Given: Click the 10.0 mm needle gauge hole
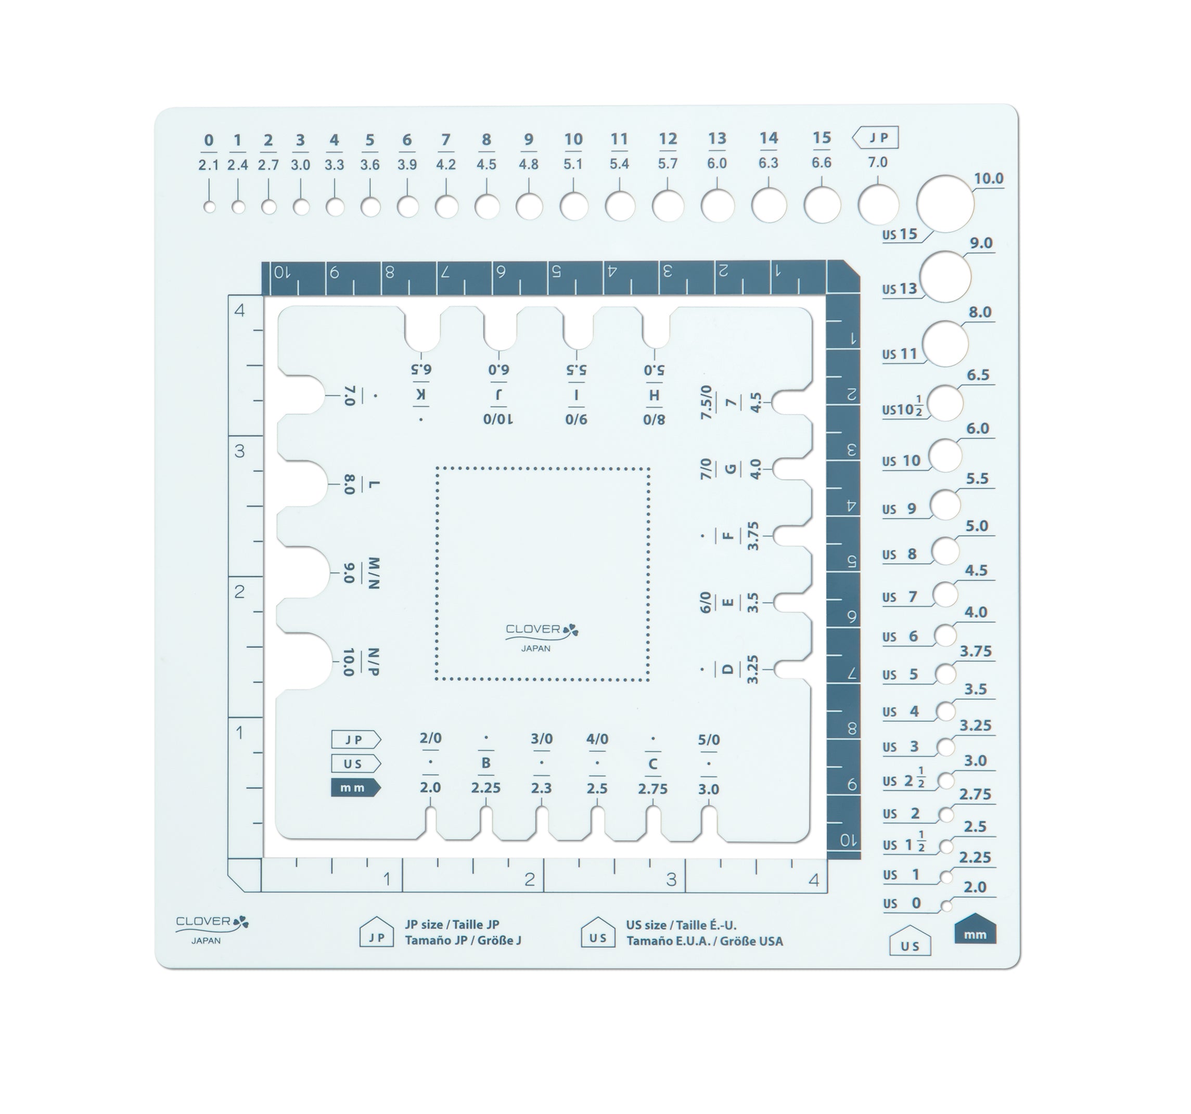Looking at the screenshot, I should (x=945, y=204).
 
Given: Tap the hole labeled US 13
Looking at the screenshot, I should (x=945, y=277).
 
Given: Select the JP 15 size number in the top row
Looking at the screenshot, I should (x=822, y=138).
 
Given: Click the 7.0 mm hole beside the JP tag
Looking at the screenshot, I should (x=878, y=204).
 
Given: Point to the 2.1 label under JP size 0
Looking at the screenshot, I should (x=209, y=165).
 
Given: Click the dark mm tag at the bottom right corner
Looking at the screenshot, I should (x=975, y=929).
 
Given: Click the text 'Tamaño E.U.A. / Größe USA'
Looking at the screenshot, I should (x=705, y=941).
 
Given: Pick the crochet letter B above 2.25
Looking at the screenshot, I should (x=486, y=763).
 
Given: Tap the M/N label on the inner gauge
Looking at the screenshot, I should (x=373, y=573).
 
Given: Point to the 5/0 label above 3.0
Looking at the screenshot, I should (x=709, y=740).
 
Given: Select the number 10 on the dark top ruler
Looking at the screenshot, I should (x=281, y=273).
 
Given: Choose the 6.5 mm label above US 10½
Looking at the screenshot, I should (x=978, y=375).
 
